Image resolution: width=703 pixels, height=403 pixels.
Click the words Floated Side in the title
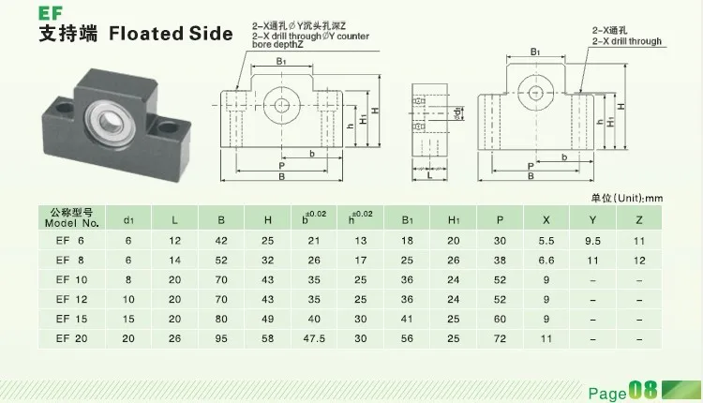coord(172,35)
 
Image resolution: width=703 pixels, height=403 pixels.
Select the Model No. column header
coord(71,220)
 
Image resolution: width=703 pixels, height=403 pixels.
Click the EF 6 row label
coord(70,240)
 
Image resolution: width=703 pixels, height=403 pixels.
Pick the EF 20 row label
coord(70,338)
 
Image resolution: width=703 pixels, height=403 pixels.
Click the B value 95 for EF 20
coord(221,338)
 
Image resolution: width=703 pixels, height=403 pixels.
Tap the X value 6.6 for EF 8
coord(547,260)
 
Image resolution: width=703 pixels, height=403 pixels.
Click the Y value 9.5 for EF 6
coord(592,240)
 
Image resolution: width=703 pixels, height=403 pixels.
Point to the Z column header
coord(640,220)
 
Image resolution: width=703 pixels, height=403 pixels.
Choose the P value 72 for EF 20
coord(501,338)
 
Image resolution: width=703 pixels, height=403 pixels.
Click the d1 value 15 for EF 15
coord(129,319)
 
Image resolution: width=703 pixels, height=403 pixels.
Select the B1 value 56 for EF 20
coord(407,338)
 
